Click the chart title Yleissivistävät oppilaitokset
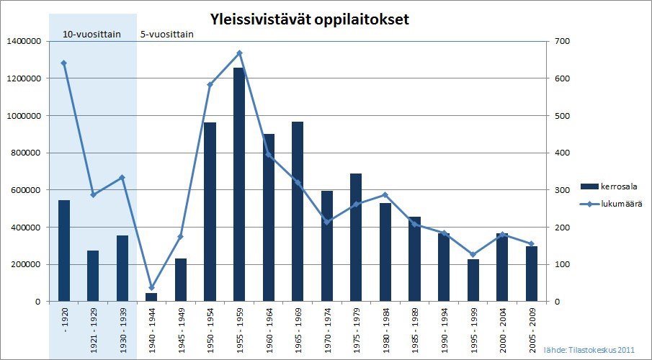tap(309, 19)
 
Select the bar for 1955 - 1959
tap(239, 184)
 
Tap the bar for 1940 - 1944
tap(151, 297)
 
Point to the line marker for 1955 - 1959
tap(239, 53)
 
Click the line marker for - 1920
tap(64, 63)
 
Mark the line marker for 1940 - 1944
tap(151, 288)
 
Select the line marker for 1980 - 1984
tap(385, 195)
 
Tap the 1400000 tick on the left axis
tap(22, 42)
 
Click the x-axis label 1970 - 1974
tap(327, 328)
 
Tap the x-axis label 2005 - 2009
tap(532, 328)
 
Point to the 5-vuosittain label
tap(166, 33)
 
